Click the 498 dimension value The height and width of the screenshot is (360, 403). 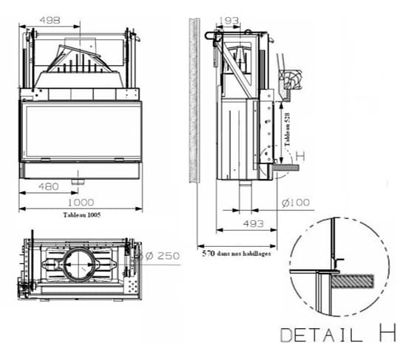click(x=50, y=20)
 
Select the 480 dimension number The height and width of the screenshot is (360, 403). click(x=49, y=186)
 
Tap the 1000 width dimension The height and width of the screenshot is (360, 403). click(x=81, y=203)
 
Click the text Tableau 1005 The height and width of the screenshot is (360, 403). click(x=82, y=215)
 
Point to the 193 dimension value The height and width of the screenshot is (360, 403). click(x=228, y=21)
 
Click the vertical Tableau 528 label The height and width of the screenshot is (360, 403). click(x=288, y=129)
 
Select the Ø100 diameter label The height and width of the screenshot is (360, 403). click(x=295, y=203)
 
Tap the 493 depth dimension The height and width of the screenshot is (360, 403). click(x=254, y=224)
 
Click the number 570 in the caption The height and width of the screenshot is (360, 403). click(x=209, y=254)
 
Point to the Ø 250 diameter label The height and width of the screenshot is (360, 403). click(x=160, y=256)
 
